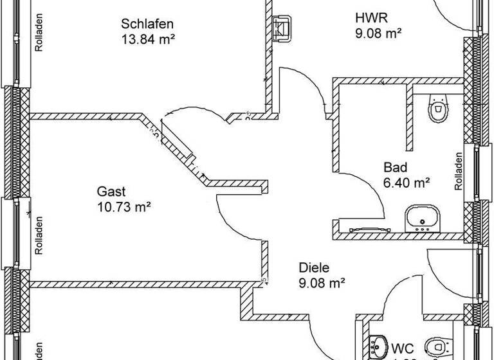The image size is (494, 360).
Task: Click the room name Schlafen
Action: [148, 24]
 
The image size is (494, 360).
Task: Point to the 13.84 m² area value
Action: [148, 39]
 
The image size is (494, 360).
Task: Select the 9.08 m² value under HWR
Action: [378, 33]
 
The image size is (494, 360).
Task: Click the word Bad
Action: [395, 168]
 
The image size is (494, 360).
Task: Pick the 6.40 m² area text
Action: [407, 183]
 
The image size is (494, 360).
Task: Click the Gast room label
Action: [111, 192]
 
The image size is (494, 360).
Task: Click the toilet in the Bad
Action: [439, 108]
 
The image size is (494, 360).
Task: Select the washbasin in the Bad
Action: [422, 218]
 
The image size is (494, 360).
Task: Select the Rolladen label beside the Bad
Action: [459, 171]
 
